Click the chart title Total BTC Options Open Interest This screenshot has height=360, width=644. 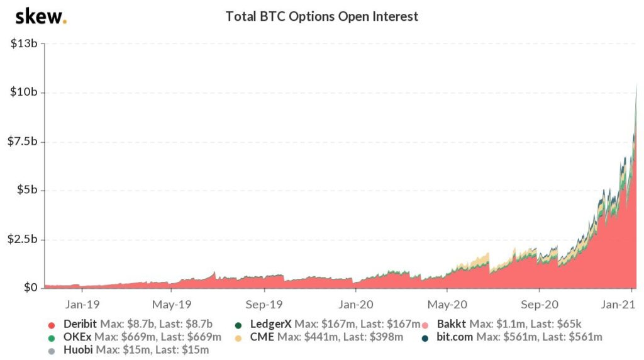click(x=321, y=17)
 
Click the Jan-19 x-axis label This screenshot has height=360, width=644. click(x=80, y=303)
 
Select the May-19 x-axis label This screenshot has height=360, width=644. click(x=172, y=303)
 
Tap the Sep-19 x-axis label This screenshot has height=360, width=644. click(x=264, y=303)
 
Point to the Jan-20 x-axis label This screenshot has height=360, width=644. click(x=355, y=303)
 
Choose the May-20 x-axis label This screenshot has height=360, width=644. click(x=447, y=303)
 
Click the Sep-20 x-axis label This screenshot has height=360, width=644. click(x=539, y=303)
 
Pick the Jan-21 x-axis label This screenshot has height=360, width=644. click(x=631, y=303)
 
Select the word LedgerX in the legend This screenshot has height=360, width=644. click(x=271, y=324)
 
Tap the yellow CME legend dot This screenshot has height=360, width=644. click(x=238, y=337)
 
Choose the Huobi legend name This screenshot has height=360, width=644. click(x=78, y=350)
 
